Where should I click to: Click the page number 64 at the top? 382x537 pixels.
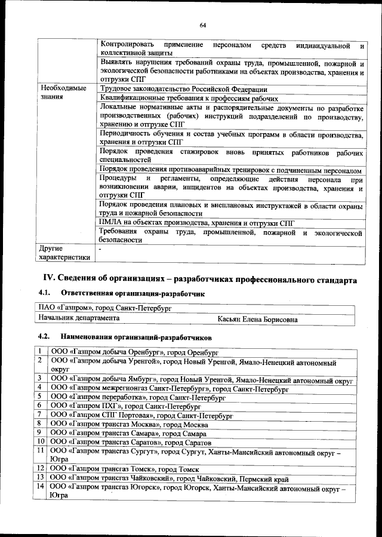[203, 24]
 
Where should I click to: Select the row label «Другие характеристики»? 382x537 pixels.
[64, 253]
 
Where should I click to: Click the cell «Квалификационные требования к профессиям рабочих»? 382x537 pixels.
[189, 99]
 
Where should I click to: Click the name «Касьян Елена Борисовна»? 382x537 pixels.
[258, 320]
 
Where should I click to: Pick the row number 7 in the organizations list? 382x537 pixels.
[39, 414]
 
